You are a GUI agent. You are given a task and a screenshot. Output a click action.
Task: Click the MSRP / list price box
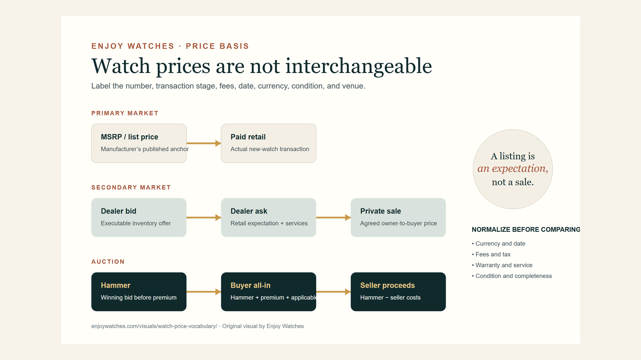[139, 143]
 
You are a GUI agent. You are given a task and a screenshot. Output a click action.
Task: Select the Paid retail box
[268, 143]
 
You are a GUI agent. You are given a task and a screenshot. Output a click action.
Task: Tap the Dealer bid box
[139, 218]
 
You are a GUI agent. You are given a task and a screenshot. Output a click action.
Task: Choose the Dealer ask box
[268, 218]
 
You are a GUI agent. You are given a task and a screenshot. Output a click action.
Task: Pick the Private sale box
[398, 218]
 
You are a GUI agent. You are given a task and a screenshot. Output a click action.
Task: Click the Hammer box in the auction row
[139, 292]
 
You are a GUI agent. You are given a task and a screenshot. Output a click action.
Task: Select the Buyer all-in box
[268, 292]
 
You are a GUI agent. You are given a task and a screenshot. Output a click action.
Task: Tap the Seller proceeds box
[398, 292]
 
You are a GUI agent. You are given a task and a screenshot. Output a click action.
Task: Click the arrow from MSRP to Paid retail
[204, 143]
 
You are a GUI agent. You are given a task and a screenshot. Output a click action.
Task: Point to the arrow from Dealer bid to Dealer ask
[204, 218]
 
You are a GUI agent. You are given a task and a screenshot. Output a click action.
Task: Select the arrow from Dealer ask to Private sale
[334, 218]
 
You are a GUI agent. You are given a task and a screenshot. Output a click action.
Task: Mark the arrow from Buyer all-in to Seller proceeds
[334, 292]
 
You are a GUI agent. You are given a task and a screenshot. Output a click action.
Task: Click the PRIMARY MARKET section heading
[125, 113]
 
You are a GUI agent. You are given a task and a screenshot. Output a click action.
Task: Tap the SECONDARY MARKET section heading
[131, 187]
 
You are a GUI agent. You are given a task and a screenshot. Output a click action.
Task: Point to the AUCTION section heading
[108, 262]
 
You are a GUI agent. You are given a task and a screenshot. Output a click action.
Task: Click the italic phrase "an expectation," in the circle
[513, 169]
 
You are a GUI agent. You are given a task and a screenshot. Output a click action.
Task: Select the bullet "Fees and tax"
[491, 254]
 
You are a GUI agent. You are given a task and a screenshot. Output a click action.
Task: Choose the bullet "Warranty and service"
[502, 265]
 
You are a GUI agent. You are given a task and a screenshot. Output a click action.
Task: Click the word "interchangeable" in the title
[359, 66]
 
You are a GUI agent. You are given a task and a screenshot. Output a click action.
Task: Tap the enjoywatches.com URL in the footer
[154, 326]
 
